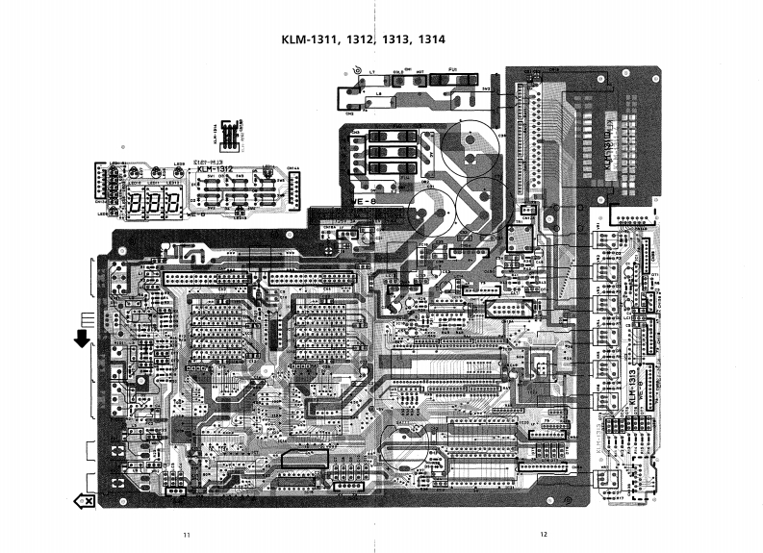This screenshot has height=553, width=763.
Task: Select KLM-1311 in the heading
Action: point(307,40)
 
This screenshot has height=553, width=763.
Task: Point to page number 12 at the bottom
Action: point(544,534)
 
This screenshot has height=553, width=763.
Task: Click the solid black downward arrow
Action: point(83,338)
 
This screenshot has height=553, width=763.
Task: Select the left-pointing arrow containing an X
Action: point(84,500)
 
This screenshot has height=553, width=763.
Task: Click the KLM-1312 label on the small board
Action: point(216,170)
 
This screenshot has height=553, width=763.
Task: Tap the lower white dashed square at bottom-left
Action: point(92,481)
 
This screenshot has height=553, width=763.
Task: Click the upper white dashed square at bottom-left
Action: point(92,450)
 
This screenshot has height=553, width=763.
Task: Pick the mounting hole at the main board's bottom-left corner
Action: point(124,499)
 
